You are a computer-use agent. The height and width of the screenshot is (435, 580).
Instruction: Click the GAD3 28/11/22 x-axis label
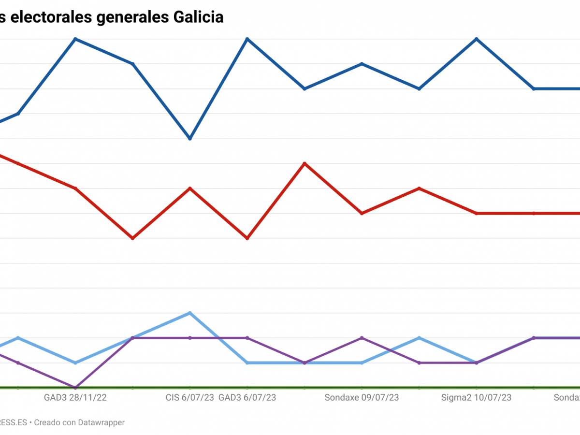pos(75,398)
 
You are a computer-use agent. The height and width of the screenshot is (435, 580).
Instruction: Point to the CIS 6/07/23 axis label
pos(189,398)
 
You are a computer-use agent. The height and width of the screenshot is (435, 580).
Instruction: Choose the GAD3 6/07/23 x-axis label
pos(247,398)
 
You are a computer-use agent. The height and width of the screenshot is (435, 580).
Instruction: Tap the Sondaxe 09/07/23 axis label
pos(362,398)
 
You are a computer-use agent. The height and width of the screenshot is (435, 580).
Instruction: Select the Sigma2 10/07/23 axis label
pos(477,398)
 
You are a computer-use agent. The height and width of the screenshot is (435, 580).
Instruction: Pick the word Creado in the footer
pos(48,422)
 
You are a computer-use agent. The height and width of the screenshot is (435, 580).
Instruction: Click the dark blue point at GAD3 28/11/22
pos(75,39)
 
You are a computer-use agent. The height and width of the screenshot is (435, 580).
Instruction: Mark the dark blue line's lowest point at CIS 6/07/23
pos(190,139)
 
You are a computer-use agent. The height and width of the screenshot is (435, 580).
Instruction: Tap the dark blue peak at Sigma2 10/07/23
pos(477,39)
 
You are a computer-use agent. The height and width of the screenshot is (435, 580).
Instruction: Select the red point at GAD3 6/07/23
pos(247,238)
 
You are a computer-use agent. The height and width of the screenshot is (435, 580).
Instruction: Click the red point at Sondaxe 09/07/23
pos(362,213)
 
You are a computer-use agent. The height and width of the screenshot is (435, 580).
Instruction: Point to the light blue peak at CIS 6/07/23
pos(190,313)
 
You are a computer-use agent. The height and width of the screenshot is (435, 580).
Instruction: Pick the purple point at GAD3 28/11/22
pos(75,387)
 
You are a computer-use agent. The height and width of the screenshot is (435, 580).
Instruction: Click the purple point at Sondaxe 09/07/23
pos(362,338)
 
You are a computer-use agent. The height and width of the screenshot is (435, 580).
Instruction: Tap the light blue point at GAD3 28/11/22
pos(75,362)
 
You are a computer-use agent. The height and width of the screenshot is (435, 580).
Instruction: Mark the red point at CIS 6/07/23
pos(190,188)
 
